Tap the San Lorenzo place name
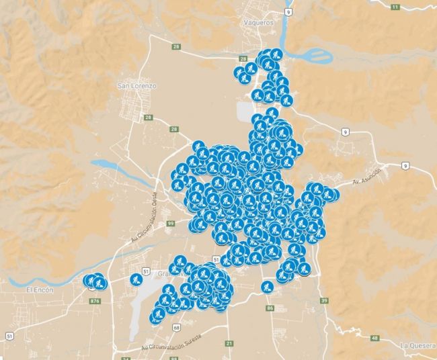tap(136, 87)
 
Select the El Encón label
tap(38, 289)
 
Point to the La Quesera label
tap(418, 345)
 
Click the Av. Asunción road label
tap(368, 177)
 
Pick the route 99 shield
tap(171, 223)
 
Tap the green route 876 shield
tap(94, 301)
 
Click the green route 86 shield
tap(270, 308)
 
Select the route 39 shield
tap(324, 300)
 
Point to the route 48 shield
tap(374, 337)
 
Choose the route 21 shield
tap(229, 343)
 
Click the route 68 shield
tap(175, 327)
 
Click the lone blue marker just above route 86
tap(267, 287)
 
